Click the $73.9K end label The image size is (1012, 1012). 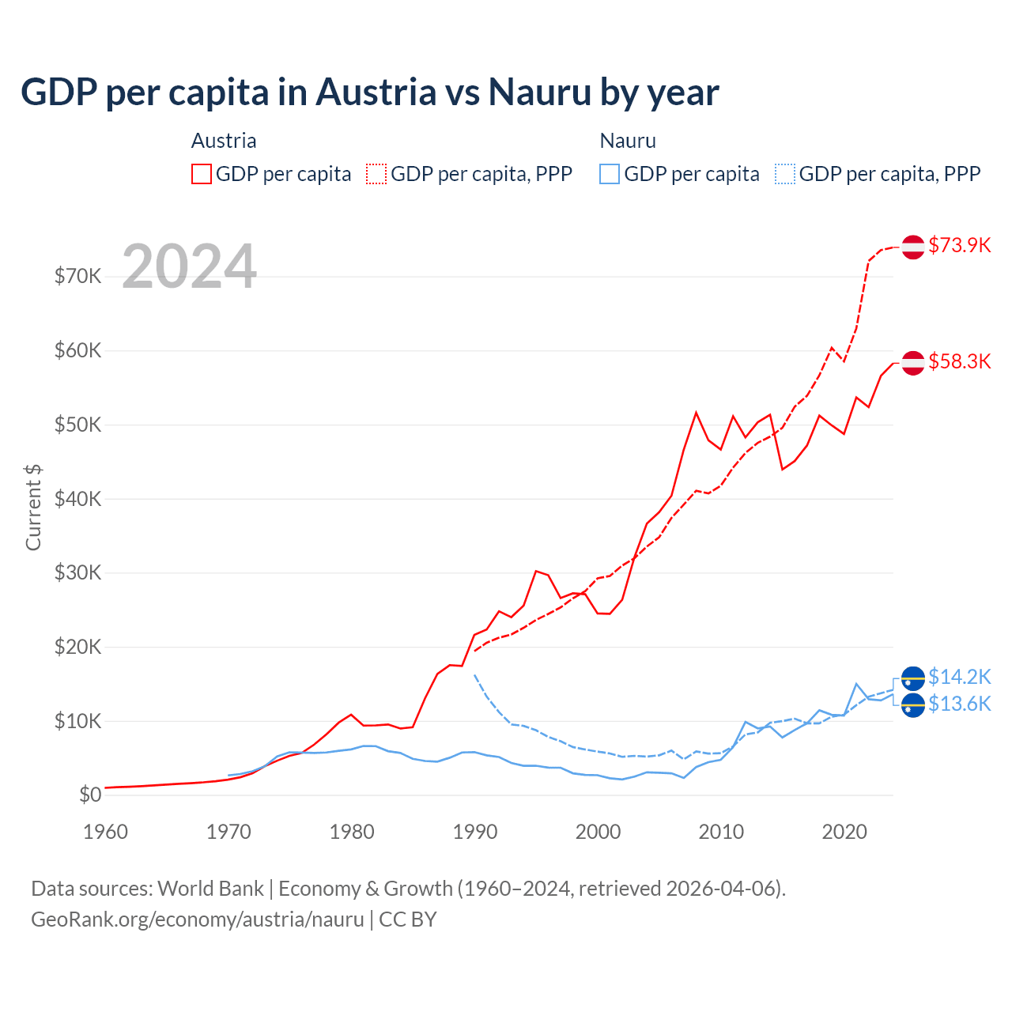(959, 245)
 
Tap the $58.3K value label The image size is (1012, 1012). (959, 361)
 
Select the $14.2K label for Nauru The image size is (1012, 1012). (959, 677)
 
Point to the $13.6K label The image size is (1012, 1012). (959, 704)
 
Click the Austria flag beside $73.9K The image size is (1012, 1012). (913, 247)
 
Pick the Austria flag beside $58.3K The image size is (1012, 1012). (913, 362)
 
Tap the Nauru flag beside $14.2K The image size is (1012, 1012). (913, 678)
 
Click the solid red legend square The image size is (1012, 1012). (202, 174)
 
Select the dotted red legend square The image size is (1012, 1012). (376, 174)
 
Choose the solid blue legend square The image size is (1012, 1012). (610, 174)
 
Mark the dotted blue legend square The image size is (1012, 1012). (785, 174)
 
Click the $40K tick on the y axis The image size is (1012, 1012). (77, 499)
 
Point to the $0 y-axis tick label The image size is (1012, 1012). (90, 795)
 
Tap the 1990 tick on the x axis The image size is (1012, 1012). (475, 832)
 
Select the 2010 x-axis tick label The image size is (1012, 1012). (721, 832)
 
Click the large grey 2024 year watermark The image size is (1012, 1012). (190, 266)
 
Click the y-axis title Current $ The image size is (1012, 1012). (33, 507)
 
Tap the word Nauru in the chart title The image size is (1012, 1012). (539, 92)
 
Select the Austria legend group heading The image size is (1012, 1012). (224, 141)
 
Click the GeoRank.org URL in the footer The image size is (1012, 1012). (198, 919)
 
